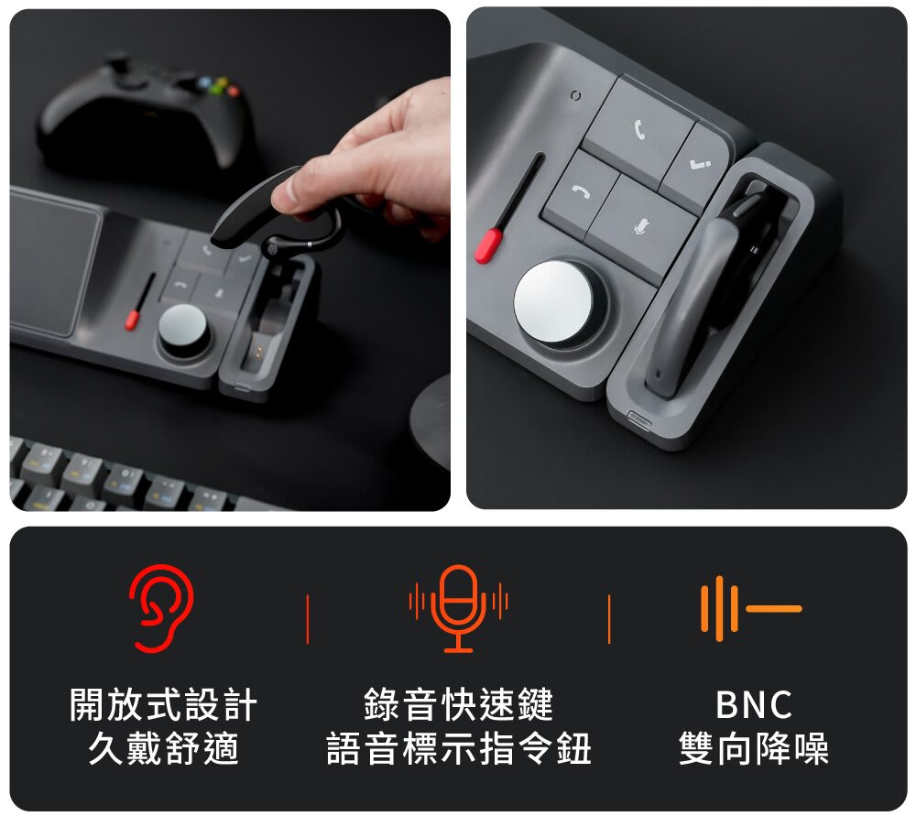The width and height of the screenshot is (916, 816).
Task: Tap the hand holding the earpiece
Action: pyautogui.click(x=374, y=158)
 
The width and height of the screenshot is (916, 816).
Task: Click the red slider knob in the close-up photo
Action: pyautogui.click(x=489, y=245)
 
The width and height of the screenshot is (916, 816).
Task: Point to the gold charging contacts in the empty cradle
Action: pyautogui.click(x=256, y=353)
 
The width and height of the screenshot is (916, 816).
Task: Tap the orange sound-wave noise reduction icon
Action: pyautogui.click(x=751, y=608)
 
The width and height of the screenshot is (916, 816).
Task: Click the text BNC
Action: pyautogui.click(x=754, y=704)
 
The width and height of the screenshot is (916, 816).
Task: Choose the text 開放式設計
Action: pyautogui.click(x=164, y=704)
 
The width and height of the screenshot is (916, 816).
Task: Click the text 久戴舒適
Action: pyautogui.click(x=164, y=748)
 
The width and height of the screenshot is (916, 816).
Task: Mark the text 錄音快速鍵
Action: pyautogui.click(x=459, y=704)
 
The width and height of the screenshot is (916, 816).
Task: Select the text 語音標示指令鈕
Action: pyautogui.click(x=459, y=748)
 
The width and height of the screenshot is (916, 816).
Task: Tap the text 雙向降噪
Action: pyautogui.click(x=754, y=748)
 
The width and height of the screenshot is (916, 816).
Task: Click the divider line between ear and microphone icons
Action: pyautogui.click(x=308, y=619)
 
